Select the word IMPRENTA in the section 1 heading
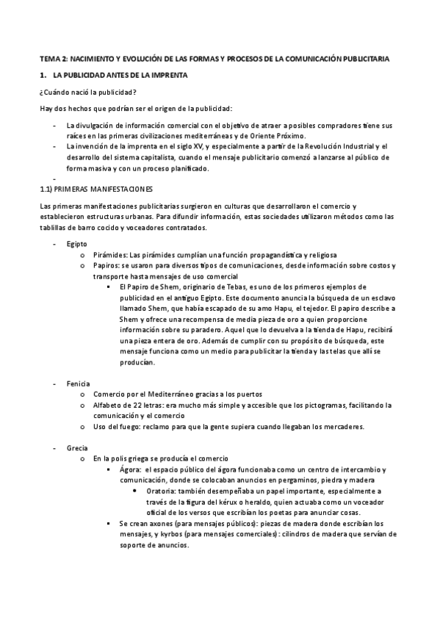click(167, 75)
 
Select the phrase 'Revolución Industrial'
click(342, 146)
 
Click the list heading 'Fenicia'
click(78, 383)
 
